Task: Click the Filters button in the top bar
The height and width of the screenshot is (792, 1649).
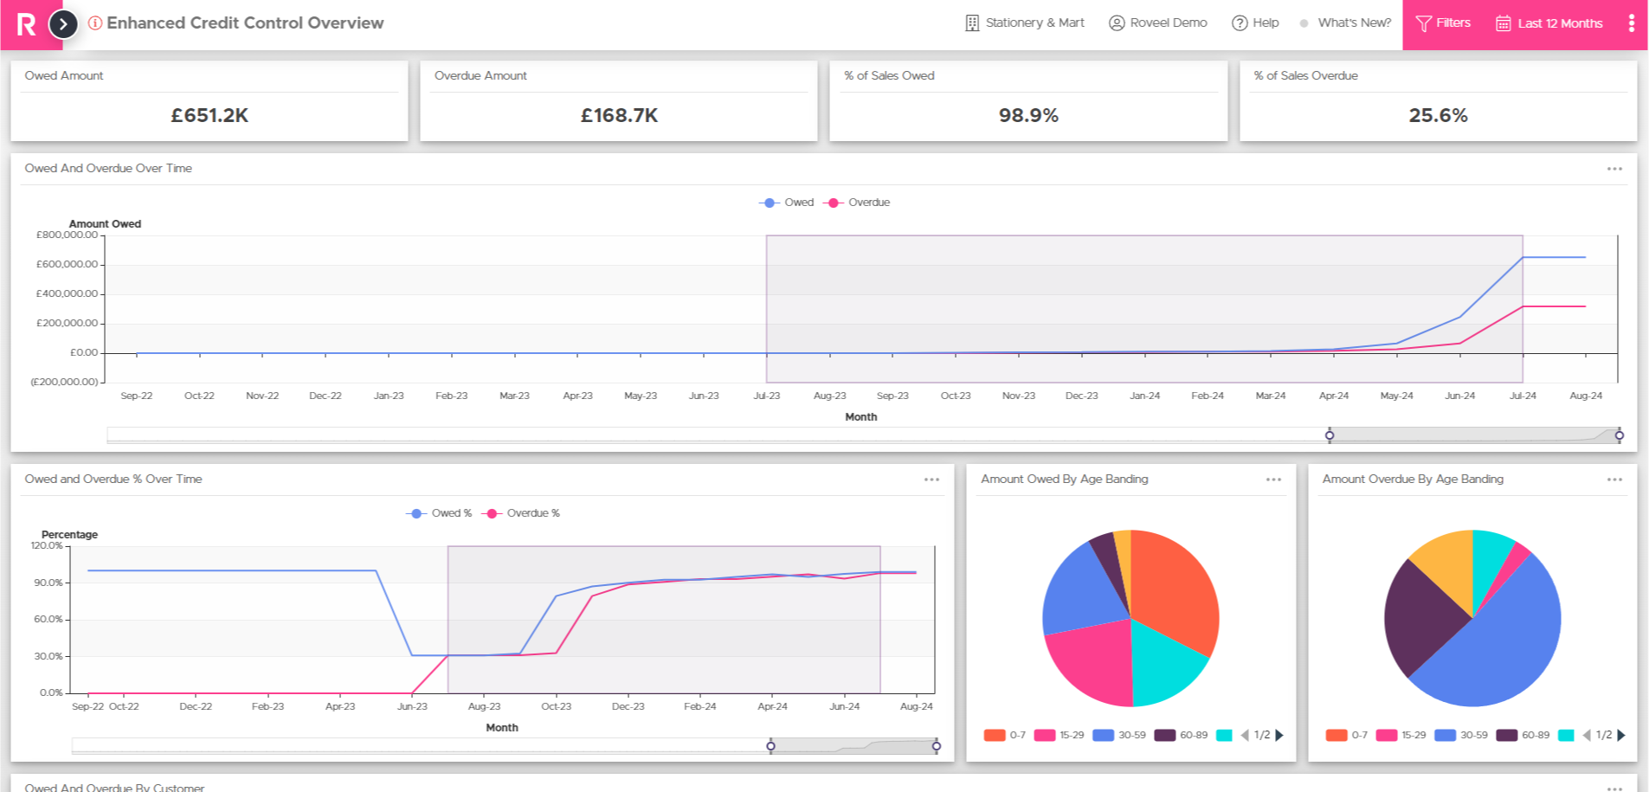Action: (1443, 23)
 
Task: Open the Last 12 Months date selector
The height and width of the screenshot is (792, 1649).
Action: (1549, 23)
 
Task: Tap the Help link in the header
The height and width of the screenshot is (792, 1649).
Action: (1255, 23)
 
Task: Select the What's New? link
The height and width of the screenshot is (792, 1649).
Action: (1354, 23)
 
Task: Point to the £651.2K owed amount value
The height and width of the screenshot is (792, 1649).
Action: (209, 115)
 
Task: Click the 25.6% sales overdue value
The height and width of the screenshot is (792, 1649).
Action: (1438, 115)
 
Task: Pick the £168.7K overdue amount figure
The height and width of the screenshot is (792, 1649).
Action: (619, 115)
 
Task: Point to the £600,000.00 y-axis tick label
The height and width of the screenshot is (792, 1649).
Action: (67, 264)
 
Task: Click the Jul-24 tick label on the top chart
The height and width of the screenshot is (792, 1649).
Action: (1523, 396)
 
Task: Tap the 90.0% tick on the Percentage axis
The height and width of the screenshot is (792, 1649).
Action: (48, 583)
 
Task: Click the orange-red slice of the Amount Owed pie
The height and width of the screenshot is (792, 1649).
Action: (1173, 589)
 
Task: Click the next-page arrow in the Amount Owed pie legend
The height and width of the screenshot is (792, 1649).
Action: (1279, 736)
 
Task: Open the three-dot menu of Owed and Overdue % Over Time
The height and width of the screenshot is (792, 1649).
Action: (931, 480)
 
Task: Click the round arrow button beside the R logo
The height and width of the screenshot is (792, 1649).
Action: (63, 24)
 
